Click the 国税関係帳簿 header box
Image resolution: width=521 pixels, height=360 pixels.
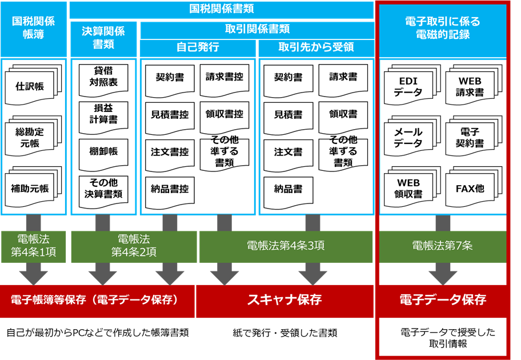click(34, 29)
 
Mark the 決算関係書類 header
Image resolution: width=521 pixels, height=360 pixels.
click(103, 38)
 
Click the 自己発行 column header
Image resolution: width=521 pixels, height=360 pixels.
click(198, 47)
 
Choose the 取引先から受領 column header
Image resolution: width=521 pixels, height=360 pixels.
click(316, 47)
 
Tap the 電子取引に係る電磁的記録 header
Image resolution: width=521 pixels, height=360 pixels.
click(443, 29)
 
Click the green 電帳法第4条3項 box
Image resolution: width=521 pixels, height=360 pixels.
click(286, 246)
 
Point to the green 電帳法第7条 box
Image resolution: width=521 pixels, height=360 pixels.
click(443, 246)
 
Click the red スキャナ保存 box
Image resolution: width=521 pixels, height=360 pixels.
click(284, 300)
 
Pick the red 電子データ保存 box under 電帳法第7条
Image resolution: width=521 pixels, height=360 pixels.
click(443, 300)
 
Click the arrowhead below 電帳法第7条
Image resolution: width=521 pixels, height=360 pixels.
click(443, 276)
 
